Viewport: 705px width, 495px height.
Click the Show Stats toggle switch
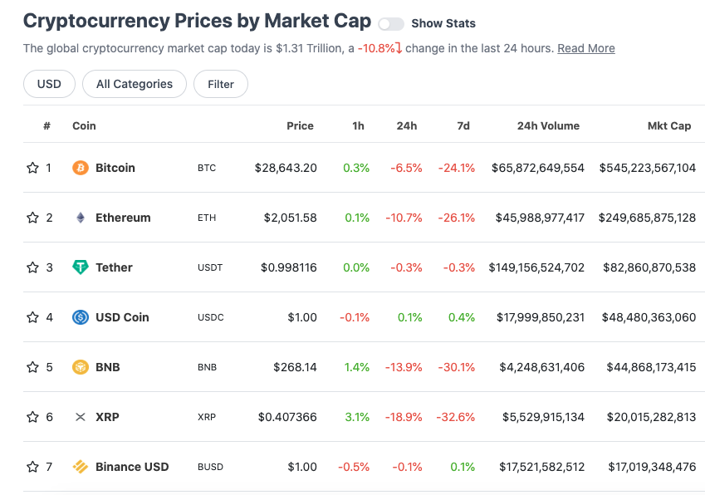[x=391, y=24]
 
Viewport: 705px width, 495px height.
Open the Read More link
[x=586, y=48]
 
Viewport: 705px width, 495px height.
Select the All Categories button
[x=135, y=84]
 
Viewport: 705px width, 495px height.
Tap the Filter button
[x=221, y=84]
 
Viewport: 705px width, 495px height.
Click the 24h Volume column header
[x=548, y=126]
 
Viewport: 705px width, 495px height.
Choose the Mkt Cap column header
[x=669, y=126]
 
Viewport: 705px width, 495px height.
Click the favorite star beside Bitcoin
[x=32, y=168]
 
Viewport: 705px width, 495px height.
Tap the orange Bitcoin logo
[x=81, y=168]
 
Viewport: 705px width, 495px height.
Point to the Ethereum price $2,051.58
[x=290, y=218]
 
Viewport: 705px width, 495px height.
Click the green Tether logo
[x=81, y=267]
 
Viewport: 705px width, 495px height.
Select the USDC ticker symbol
[x=210, y=317]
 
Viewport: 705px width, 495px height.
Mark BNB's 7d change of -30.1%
[x=457, y=367]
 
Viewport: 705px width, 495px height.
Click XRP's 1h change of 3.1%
[x=357, y=417]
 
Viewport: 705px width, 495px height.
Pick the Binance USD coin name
[x=132, y=467]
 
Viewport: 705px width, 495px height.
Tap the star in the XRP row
[x=32, y=417]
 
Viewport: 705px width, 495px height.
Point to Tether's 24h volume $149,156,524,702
[x=536, y=267]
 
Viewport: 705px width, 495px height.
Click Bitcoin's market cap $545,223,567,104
[x=648, y=168]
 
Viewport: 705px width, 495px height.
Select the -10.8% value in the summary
[x=376, y=48]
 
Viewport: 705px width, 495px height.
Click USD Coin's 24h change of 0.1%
[x=409, y=317]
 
